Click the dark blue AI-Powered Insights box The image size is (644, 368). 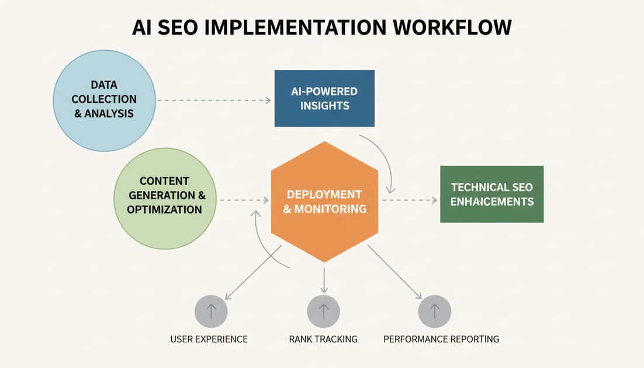[324, 98]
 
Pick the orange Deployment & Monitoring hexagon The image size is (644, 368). [325, 202]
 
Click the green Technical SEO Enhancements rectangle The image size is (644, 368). [491, 194]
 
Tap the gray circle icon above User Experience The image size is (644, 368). [211, 311]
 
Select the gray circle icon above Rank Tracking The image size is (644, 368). [323, 311]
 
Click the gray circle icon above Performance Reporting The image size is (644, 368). [434, 311]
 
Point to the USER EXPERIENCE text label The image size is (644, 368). [209, 339]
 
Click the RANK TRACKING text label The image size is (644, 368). [323, 339]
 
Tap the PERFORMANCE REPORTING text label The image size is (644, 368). [441, 339]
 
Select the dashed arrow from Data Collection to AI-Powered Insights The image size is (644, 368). [213, 100]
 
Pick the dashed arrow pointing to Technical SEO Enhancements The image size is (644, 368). [409, 200]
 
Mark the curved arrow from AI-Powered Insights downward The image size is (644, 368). [386, 161]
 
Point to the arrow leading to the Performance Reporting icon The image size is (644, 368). [394, 272]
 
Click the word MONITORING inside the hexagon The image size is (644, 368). [333, 209]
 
